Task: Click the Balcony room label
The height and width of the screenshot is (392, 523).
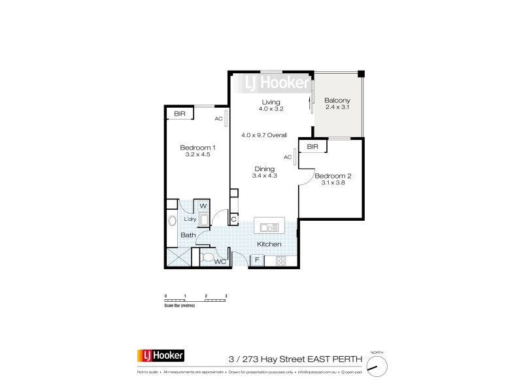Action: point(338,100)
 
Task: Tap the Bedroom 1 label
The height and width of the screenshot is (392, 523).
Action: point(197,148)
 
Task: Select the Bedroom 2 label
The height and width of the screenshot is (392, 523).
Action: point(333,176)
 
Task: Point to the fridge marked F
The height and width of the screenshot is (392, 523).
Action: point(258,260)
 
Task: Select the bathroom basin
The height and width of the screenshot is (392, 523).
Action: point(173,221)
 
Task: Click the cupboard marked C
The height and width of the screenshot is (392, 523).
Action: point(233,220)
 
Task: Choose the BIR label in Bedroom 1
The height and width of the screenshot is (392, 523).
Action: point(179,114)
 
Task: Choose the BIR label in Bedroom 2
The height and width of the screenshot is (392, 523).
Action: point(312,148)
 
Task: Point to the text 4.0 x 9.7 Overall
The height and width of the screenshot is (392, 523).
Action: point(264,135)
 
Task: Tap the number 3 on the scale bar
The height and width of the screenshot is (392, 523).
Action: point(226,296)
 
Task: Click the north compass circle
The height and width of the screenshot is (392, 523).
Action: point(375,367)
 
